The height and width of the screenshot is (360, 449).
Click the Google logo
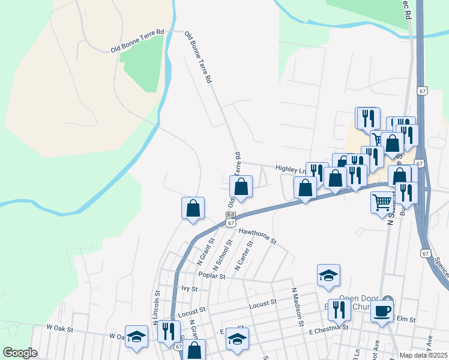tap(20, 353)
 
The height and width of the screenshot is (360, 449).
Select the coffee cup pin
tap(382, 311)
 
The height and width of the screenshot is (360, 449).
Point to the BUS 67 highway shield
tap(231, 219)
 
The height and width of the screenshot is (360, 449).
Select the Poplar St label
tap(212, 277)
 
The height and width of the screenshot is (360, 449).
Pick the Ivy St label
tap(188, 288)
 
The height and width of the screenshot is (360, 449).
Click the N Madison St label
tap(297, 306)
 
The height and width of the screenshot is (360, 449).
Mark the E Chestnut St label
tap(328, 330)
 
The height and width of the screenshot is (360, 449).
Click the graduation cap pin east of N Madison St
tap(328, 275)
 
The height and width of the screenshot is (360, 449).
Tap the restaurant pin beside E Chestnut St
tap(340, 310)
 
